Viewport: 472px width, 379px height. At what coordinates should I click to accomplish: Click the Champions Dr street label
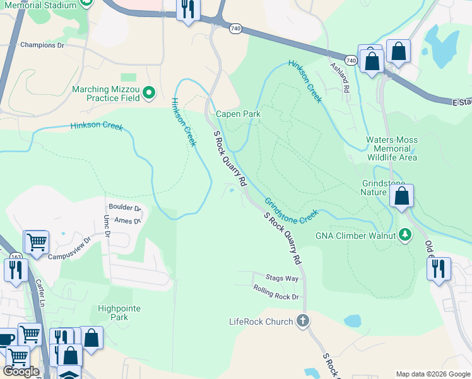click(x=42, y=45)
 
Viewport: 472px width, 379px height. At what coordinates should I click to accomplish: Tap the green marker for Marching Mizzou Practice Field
click(x=150, y=93)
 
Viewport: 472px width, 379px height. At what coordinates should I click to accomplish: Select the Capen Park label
click(x=238, y=114)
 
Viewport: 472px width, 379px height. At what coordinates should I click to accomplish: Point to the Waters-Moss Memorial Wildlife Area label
click(x=391, y=148)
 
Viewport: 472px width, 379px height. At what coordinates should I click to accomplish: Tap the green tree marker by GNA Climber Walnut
click(x=405, y=236)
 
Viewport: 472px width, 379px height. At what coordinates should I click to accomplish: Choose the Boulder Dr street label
click(x=125, y=208)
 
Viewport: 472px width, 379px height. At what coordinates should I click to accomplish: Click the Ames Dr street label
click(x=127, y=220)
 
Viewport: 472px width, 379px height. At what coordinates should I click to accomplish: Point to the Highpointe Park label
click(x=119, y=313)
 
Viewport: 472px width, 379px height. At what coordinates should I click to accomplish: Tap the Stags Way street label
click(x=281, y=278)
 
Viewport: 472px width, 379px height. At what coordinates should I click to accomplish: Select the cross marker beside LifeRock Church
click(x=303, y=321)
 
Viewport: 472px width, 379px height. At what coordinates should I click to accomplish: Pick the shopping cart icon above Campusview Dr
click(x=37, y=241)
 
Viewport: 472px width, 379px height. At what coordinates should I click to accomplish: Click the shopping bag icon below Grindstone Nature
click(x=401, y=196)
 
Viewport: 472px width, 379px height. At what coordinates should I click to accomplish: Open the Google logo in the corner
click(x=21, y=371)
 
